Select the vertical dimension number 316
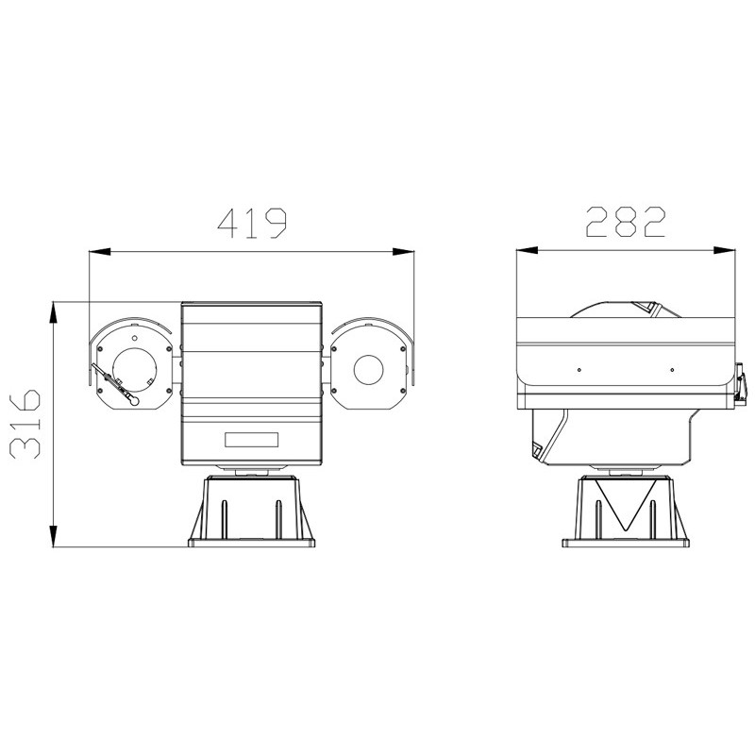pyautogui.click(x=28, y=422)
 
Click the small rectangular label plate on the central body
pyautogui.click(x=252, y=439)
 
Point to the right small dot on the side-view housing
pyautogui.click(x=671, y=369)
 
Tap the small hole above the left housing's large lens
pyautogui.click(x=134, y=336)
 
